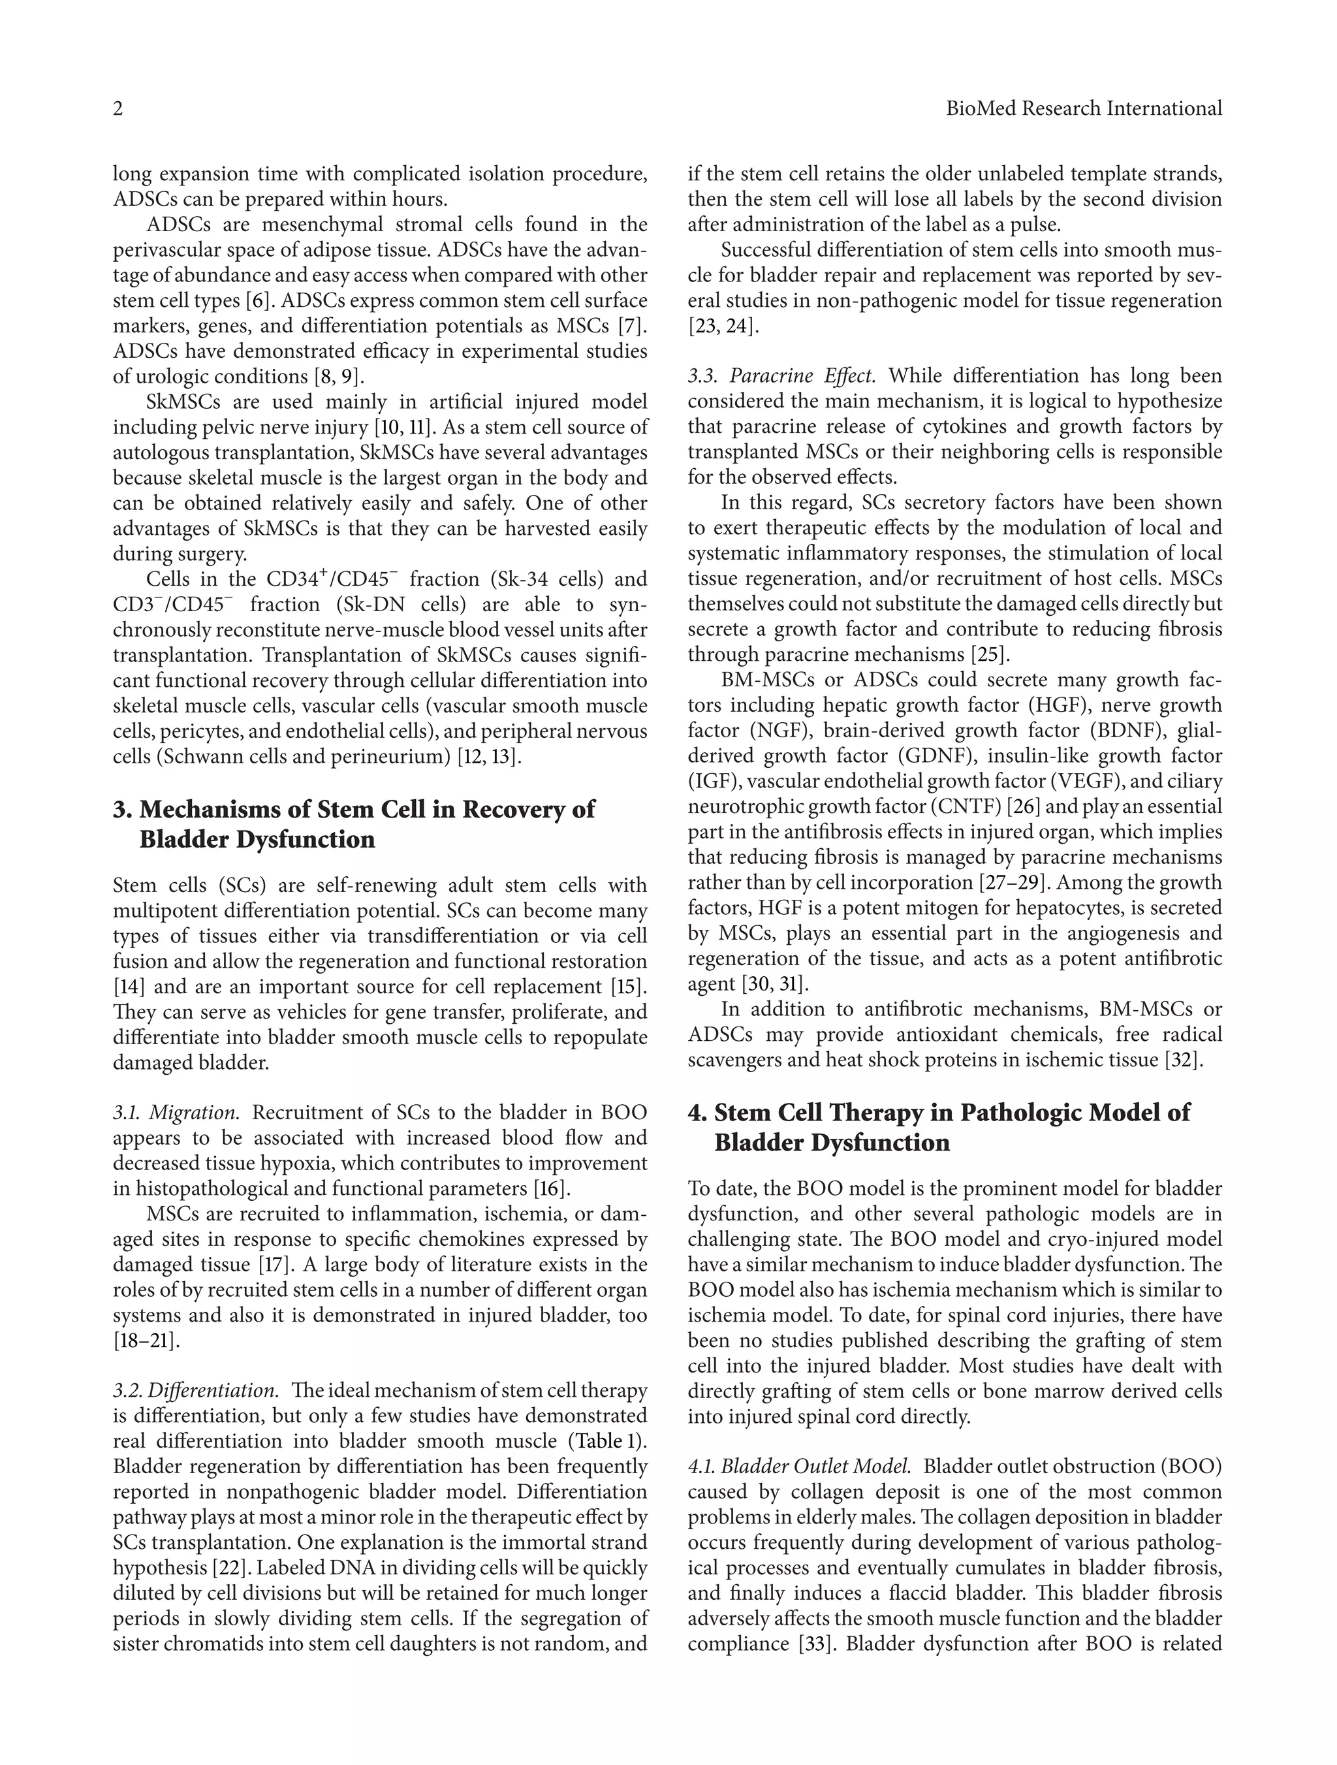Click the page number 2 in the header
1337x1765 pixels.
pyautogui.click(x=118, y=109)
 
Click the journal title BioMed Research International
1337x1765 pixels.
pyautogui.click(x=1083, y=109)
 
